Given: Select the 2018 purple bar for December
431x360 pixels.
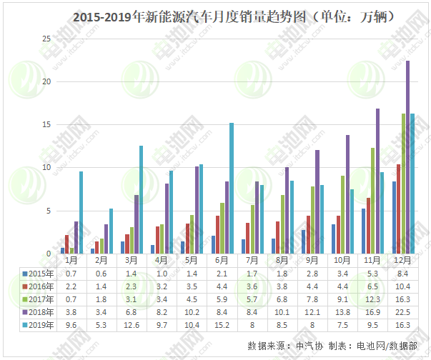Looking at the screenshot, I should (x=407, y=157).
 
